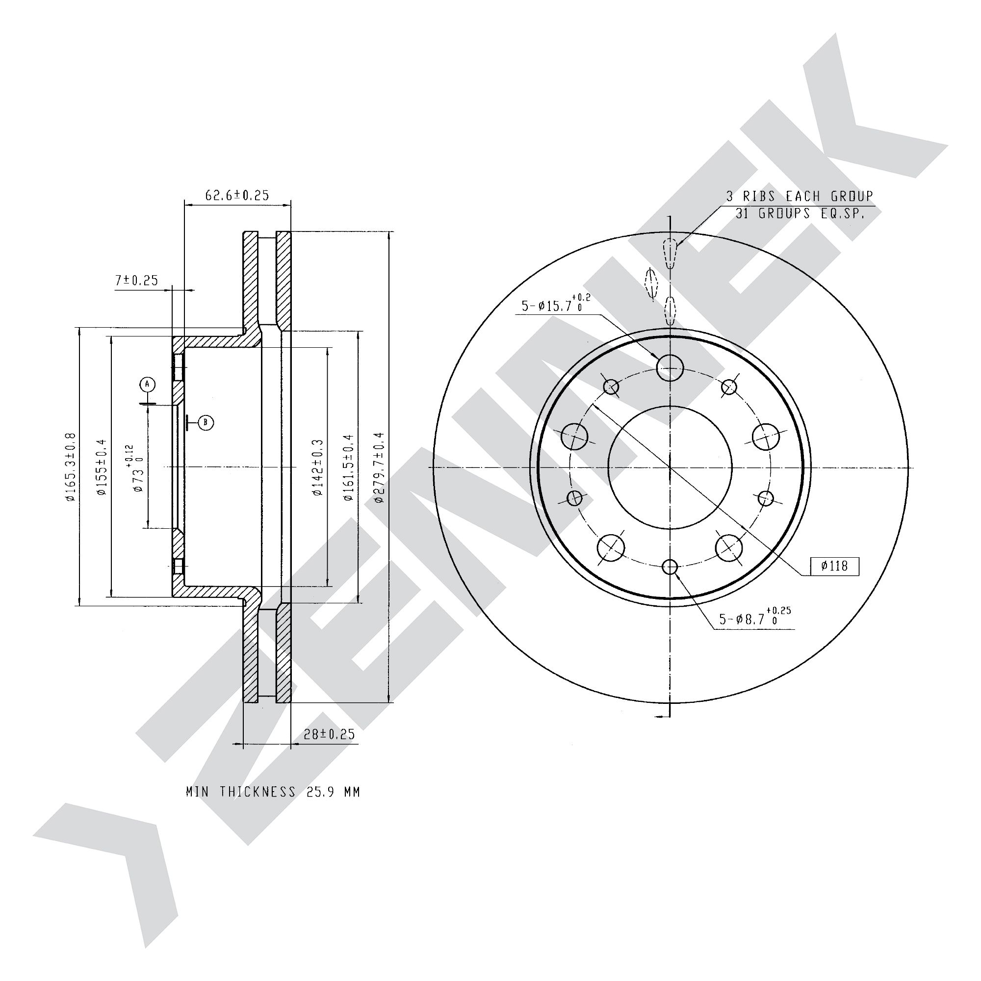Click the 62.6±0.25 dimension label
coord(236,195)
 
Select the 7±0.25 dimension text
coord(136,280)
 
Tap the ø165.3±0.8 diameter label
coord(70,467)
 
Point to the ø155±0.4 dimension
coord(102,467)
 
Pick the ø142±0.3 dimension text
coord(317,467)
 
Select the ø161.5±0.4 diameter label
coord(348,467)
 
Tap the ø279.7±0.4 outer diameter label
coord(378,467)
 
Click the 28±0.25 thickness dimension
coord(329,734)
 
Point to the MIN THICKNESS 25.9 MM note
coord(273,792)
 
